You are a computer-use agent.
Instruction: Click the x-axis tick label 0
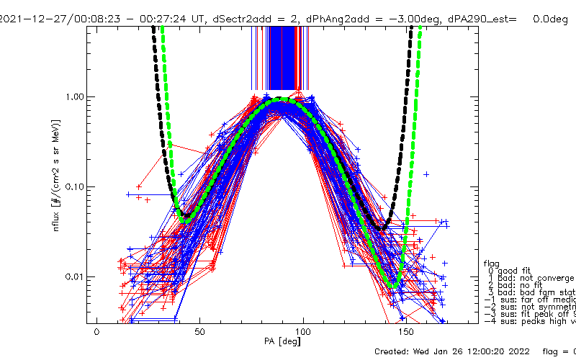(96, 333)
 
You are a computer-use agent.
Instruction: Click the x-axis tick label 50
(200, 333)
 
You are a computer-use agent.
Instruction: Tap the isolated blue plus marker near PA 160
(426, 174)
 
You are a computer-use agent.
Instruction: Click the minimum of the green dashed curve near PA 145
(393, 287)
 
